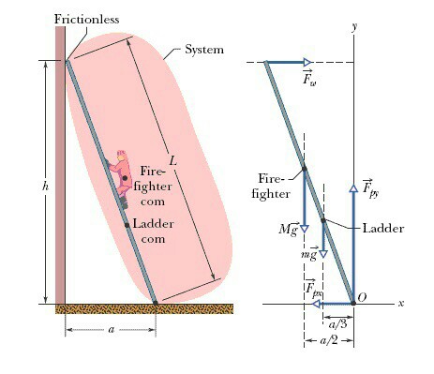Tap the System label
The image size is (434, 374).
tap(203, 49)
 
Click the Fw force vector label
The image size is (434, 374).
tap(308, 78)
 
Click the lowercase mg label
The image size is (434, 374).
tap(307, 254)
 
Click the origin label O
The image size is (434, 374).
tap(362, 295)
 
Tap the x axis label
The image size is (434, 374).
tap(400, 304)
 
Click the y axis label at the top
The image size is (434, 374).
tap(354, 25)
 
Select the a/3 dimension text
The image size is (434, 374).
tap(346, 322)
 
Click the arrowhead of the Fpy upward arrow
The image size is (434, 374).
tap(353, 188)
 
